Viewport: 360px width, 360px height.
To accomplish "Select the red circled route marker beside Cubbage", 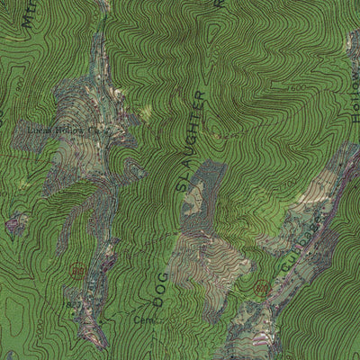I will (x=262, y=287).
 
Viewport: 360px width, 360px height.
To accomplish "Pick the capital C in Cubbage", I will (x=286, y=267).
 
